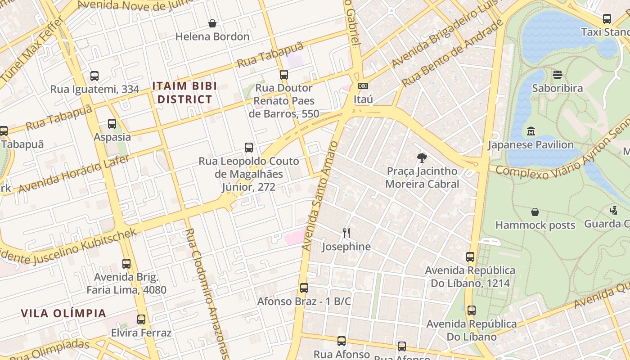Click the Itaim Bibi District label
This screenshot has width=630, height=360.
pos(184,92)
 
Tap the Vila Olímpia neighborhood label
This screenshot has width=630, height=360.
pos(63,313)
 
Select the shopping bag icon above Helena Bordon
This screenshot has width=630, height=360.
pos(212,23)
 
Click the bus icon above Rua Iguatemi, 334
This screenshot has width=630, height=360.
pos(94,76)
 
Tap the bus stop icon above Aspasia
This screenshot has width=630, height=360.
pos(112,124)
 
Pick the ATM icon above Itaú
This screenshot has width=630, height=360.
pos(363,86)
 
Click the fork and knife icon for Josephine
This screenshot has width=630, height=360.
pos(346,233)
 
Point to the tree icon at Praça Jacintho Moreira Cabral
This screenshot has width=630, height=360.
pos(422,158)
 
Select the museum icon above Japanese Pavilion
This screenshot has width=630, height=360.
pos(531,131)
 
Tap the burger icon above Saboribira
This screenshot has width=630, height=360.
pos(558,75)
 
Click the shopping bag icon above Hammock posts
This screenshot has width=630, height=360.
pos(535,211)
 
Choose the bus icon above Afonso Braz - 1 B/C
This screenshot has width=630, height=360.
pos(304,288)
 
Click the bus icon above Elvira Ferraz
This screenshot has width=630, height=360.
pos(141,319)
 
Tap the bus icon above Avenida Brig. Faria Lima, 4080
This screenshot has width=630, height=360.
pos(126,264)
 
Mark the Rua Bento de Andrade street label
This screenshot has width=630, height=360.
pos(452,54)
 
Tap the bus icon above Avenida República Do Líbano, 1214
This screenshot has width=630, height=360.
pos(470,257)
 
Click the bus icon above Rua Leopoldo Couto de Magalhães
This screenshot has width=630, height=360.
pos(249,148)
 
